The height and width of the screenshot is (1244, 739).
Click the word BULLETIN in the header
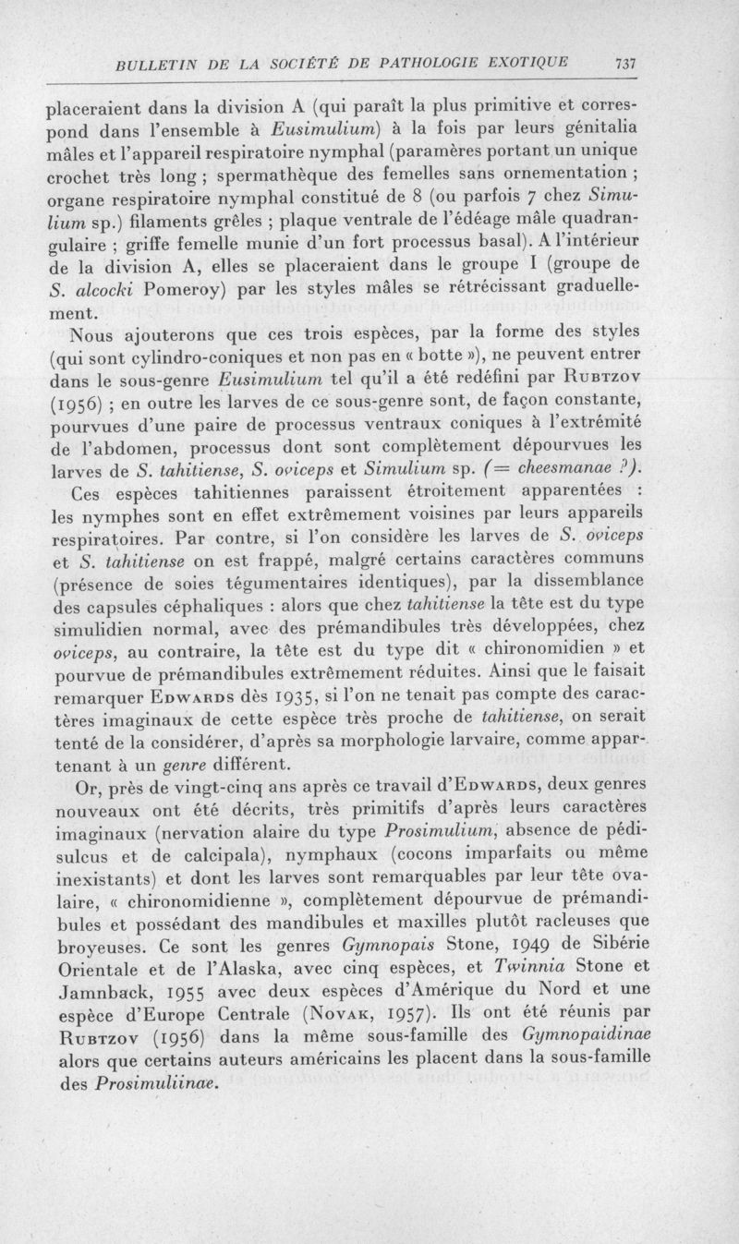point(153,64)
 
